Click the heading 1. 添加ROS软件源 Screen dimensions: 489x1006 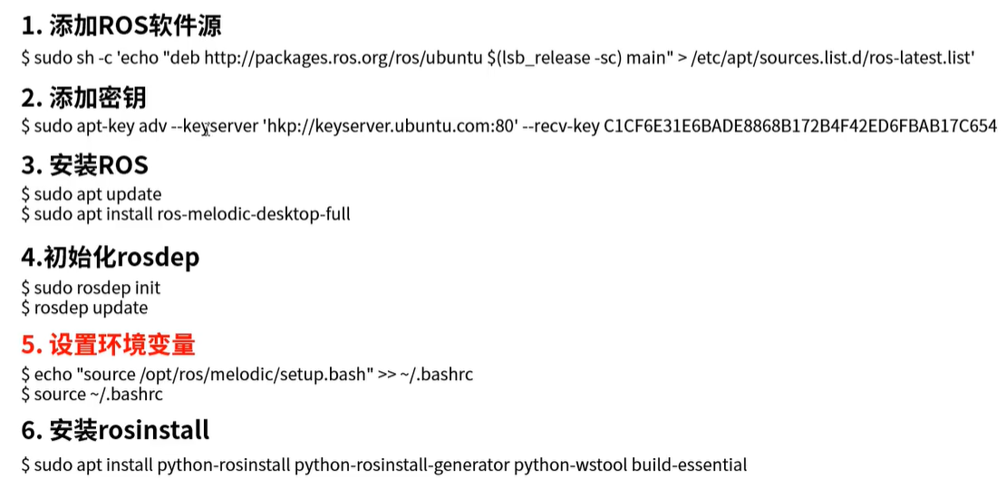tap(121, 24)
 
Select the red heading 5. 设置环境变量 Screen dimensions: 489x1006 tap(108, 345)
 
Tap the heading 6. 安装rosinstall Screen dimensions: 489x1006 tap(115, 429)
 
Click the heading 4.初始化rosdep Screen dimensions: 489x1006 tap(110, 258)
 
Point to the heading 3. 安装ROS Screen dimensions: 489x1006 tap(84, 165)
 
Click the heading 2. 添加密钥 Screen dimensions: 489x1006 tap(83, 97)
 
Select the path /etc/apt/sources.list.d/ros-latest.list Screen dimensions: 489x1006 tap(832, 57)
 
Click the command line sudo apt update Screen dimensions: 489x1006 tap(98, 194)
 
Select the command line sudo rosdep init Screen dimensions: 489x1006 tap(97, 288)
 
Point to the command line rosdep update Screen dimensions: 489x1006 tap(91, 308)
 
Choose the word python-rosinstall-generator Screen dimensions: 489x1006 tap(401, 465)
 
